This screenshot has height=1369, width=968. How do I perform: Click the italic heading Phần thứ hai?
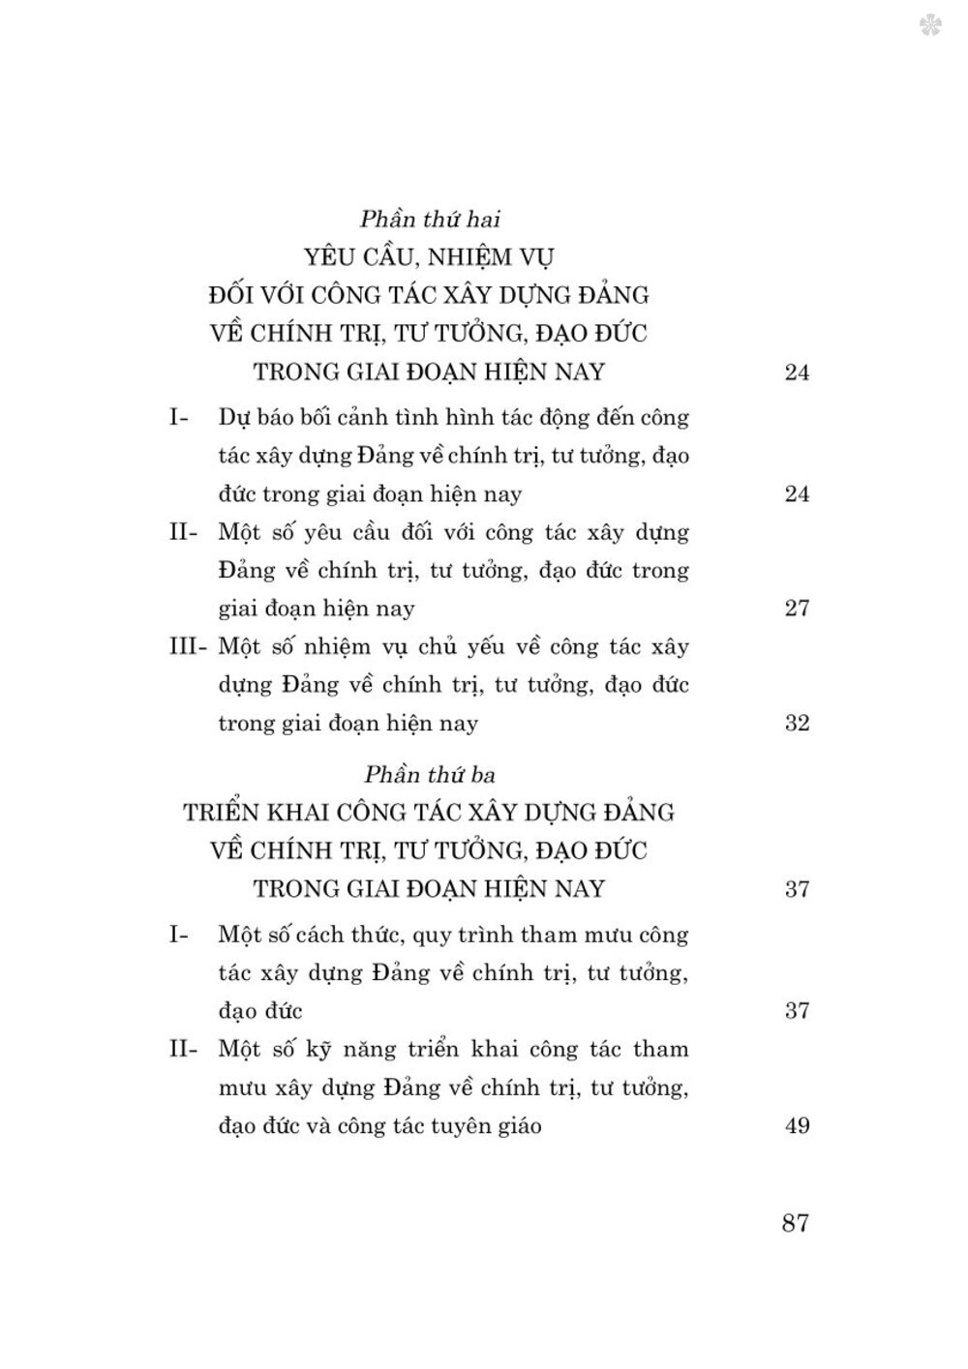click(x=428, y=219)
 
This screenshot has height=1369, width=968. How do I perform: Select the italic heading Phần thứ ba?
click(x=428, y=774)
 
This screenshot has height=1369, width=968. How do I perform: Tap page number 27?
click(x=797, y=609)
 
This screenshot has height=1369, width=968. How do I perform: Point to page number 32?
click(x=797, y=723)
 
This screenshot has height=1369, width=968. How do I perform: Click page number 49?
click(x=797, y=1125)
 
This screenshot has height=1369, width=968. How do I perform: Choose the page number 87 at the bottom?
click(x=795, y=1223)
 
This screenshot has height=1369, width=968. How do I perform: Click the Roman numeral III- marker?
click(x=188, y=646)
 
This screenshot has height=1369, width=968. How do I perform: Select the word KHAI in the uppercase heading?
click(x=314, y=812)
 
